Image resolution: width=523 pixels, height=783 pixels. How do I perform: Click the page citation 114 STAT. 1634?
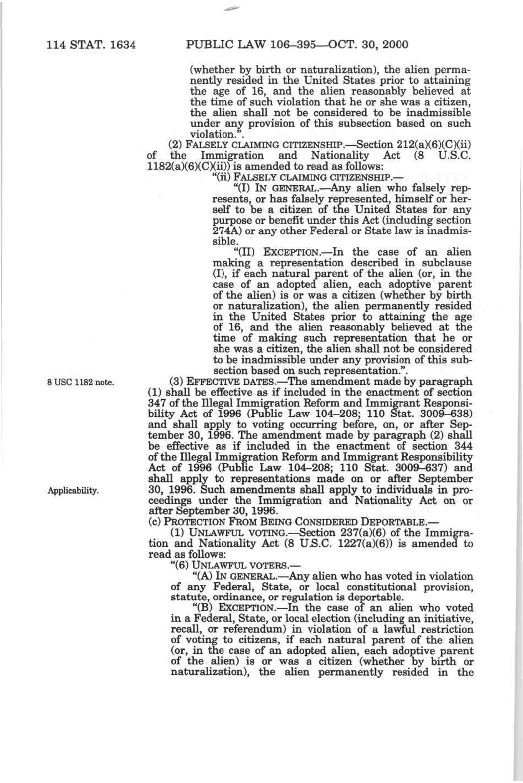click(x=91, y=44)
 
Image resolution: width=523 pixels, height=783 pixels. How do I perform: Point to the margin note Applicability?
click(x=73, y=491)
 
